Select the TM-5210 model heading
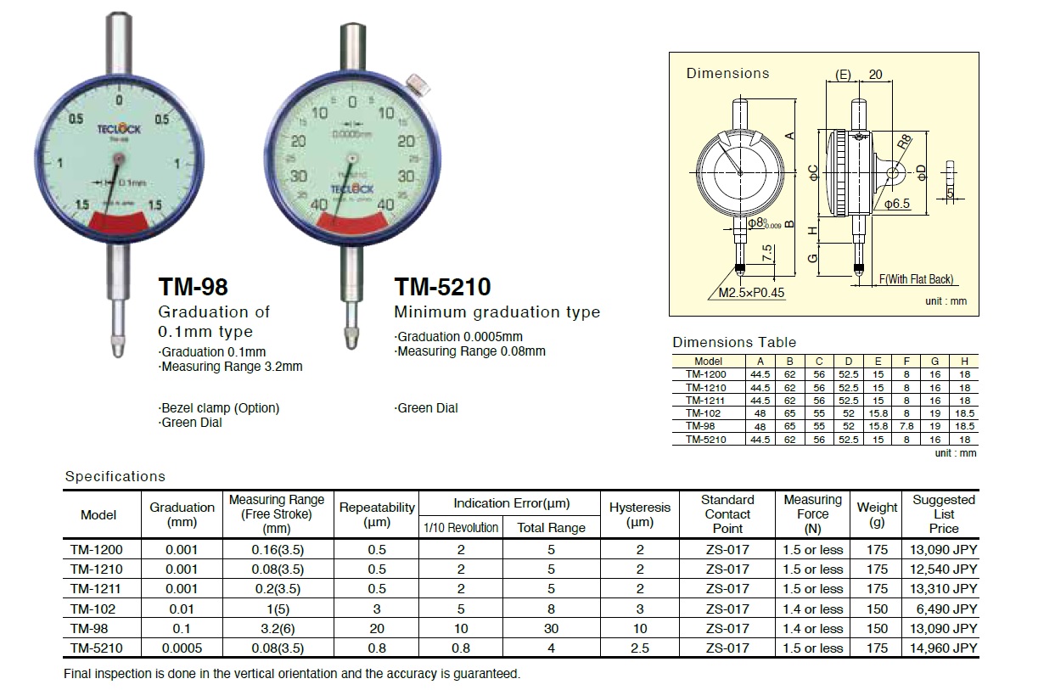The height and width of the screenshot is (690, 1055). (x=442, y=287)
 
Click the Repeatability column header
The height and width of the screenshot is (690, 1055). (x=377, y=514)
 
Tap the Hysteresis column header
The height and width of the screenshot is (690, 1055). (x=640, y=514)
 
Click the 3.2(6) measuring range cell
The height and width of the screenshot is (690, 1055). (x=277, y=629)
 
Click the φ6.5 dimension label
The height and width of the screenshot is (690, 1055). (x=897, y=204)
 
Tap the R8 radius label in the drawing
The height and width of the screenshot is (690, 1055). (x=906, y=142)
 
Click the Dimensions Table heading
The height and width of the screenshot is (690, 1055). (x=734, y=342)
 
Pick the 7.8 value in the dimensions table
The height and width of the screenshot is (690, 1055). (x=906, y=426)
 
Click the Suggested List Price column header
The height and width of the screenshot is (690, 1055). (x=943, y=513)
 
